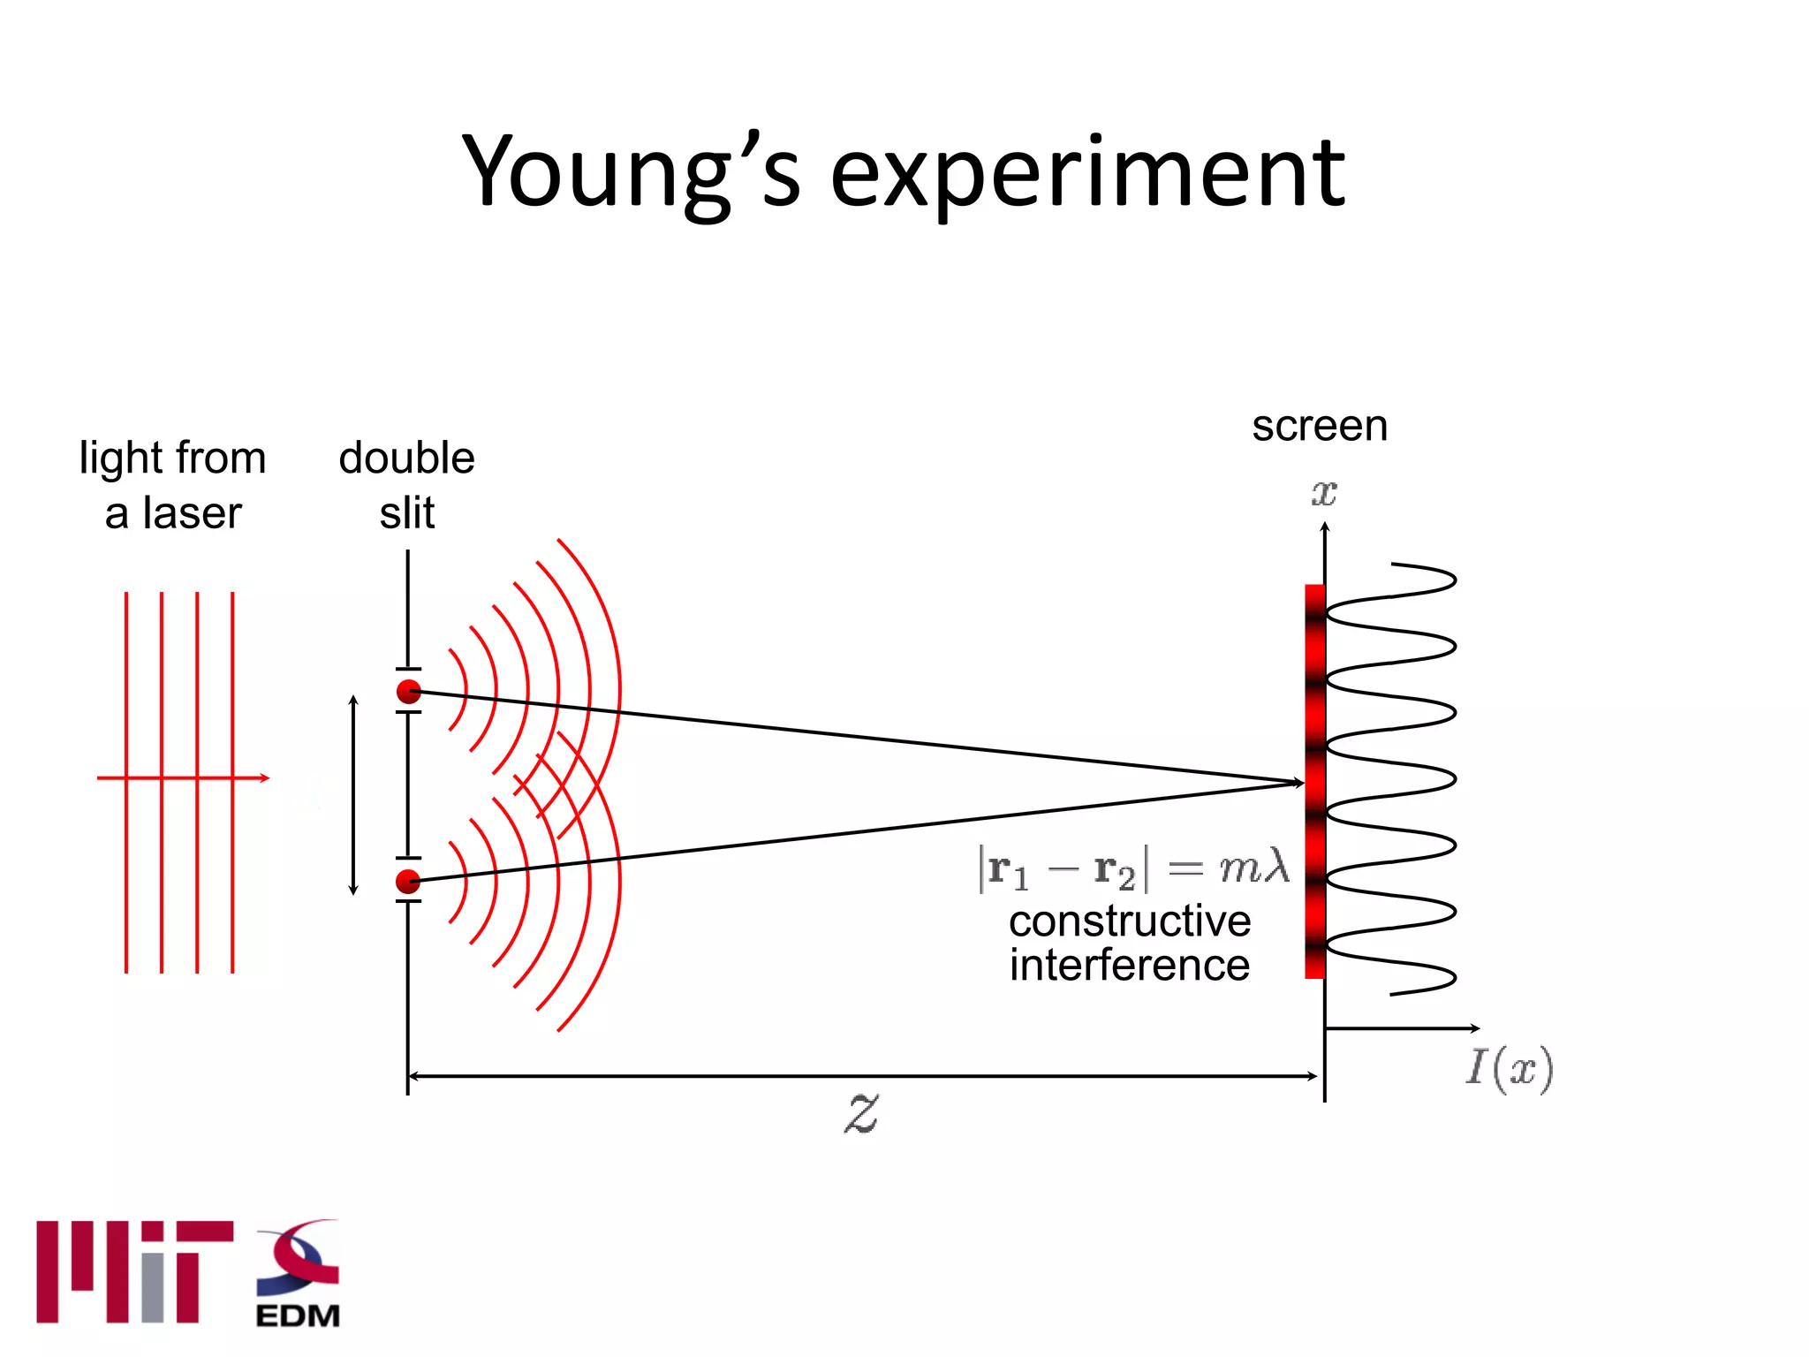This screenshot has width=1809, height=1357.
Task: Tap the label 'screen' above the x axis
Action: [x=1320, y=426]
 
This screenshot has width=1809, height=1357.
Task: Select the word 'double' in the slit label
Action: [x=406, y=458]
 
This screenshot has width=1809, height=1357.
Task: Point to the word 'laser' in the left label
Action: [x=192, y=513]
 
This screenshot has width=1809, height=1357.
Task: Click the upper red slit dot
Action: [x=408, y=692]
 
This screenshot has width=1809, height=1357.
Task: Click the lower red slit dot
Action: [x=408, y=881]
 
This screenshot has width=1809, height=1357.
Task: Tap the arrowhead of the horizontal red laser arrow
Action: [x=264, y=778]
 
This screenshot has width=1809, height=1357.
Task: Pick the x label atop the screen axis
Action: [x=1324, y=492]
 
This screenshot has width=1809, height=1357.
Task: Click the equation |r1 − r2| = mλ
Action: [x=1133, y=868]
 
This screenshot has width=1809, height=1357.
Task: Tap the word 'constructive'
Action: [x=1130, y=921]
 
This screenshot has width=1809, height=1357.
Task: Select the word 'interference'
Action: [x=1130, y=965]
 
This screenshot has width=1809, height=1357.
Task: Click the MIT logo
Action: [x=134, y=1271]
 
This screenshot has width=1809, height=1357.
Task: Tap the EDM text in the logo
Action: [x=298, y=1315]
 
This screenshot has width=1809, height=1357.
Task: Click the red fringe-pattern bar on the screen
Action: [x=1314, y=707]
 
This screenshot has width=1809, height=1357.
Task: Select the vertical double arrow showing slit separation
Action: [x=353, y=795]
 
